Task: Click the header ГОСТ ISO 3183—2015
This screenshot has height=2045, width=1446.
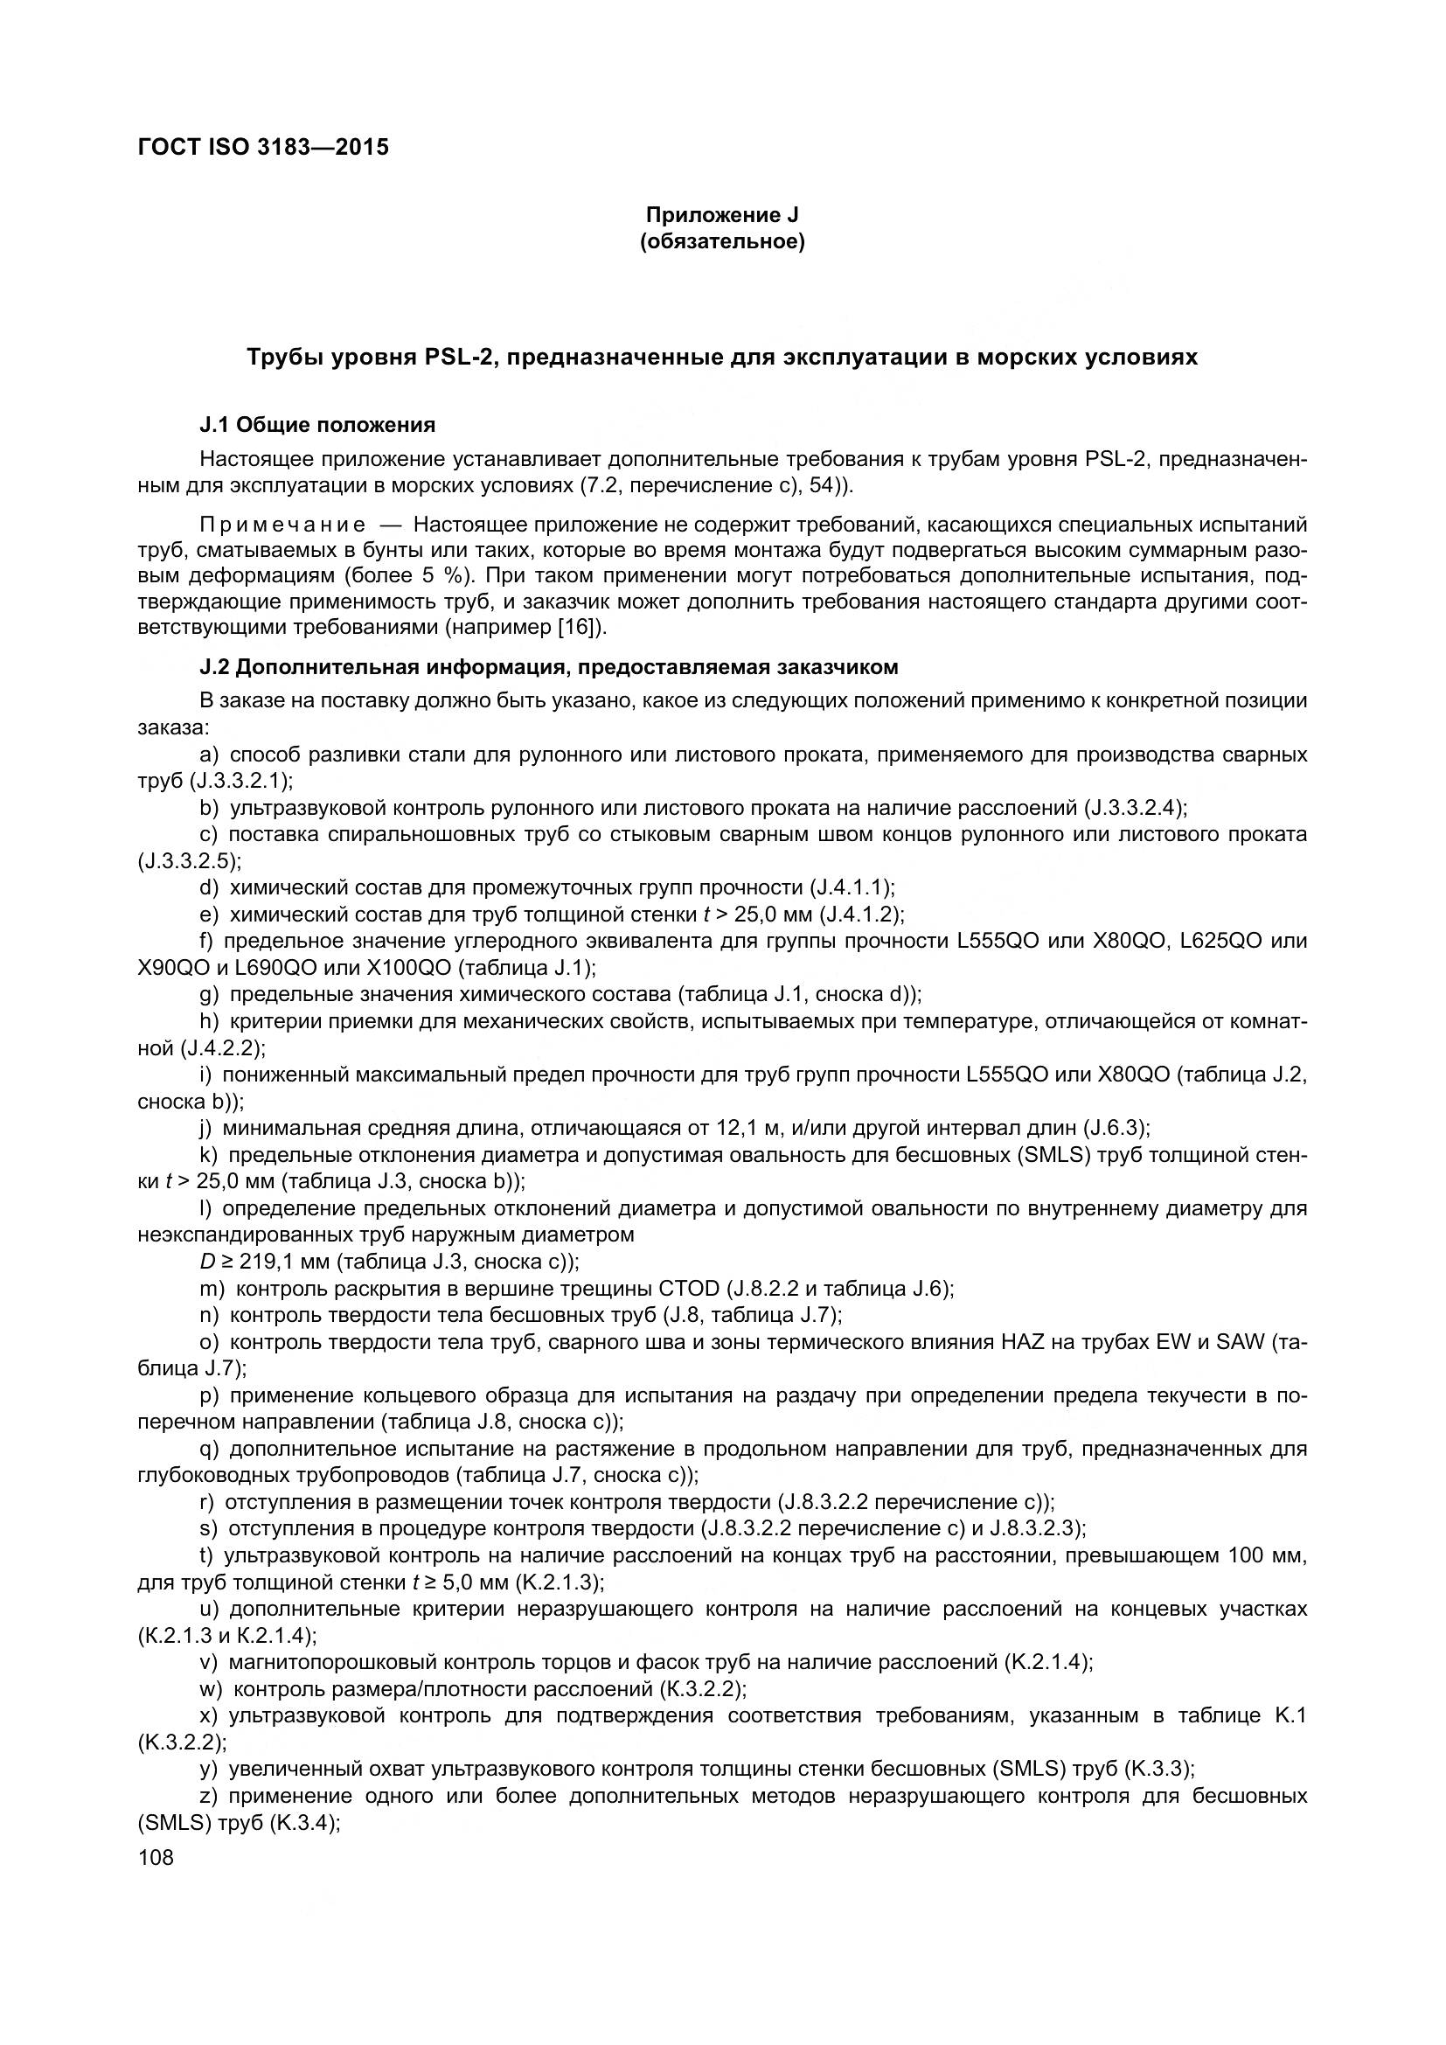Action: (263, 148)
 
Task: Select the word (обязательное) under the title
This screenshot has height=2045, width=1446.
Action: (722, 242)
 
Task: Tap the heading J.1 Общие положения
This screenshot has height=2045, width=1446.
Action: (318, 425)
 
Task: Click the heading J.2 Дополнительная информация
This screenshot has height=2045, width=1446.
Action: (548, 666)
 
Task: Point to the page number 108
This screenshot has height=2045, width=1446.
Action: (156, 1857)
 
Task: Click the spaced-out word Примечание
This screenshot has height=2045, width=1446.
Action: (282, 523)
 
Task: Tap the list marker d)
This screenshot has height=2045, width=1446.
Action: (209, 887)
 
